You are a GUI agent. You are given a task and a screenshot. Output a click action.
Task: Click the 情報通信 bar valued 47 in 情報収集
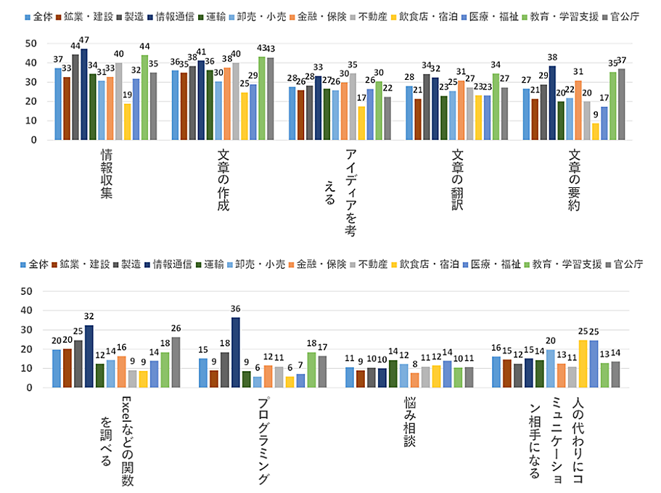click(84, 94)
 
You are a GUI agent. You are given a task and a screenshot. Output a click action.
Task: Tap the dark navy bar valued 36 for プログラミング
click(236, 352)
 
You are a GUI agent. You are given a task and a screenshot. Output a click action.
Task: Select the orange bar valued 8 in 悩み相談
click(414, 380)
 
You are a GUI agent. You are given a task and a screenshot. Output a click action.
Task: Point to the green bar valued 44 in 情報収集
click(144, 97)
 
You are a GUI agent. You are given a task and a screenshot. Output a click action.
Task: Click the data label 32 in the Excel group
click(89, 317)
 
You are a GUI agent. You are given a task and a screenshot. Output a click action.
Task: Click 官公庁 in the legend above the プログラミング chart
click(628, 264)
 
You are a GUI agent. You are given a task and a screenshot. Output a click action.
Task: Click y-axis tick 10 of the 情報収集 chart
click(31, 121)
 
